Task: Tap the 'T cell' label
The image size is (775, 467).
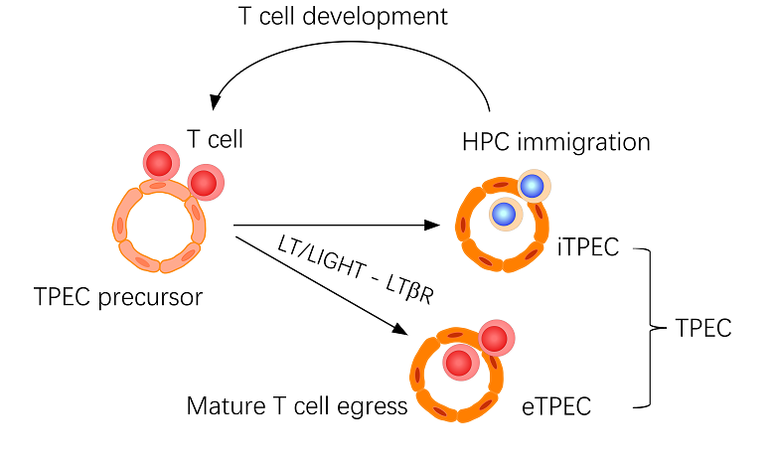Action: click(215, 140)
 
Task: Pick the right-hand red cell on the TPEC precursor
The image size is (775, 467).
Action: click(204, 183)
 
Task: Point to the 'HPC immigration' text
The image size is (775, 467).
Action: click(556, 142)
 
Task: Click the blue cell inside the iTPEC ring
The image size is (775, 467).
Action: click(505, 213)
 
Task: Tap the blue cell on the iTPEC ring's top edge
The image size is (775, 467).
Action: click(533, 185)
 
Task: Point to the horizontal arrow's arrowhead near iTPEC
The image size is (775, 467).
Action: click(433, 226)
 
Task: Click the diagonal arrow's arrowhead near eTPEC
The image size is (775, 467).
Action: click(400, 335)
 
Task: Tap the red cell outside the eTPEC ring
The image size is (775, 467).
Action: click(494, 339)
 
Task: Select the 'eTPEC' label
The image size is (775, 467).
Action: click(556, 405)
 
